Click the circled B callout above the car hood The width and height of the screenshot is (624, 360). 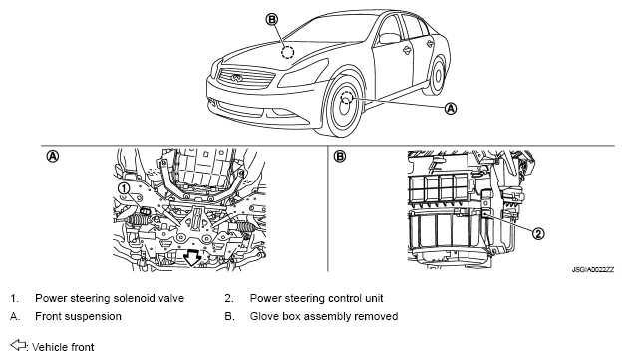pos(272,19)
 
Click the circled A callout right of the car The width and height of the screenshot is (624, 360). pos(451,108)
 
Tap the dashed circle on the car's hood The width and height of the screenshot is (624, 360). pos(287,52)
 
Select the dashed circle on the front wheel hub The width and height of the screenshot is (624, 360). pos(346,98)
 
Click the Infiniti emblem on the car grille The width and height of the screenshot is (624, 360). pos(236,78)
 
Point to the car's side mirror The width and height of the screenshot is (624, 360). pos(390,38)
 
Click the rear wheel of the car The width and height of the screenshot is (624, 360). pos(437,76)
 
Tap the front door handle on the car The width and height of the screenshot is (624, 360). pos(406,50)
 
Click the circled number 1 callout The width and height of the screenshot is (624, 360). pos(124,188)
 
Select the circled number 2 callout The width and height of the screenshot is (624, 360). pos(538,233)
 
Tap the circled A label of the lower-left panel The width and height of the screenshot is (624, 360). pos(52,156)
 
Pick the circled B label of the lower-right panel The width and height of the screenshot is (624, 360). pos(340,156)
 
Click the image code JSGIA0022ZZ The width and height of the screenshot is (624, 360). pos(593,270)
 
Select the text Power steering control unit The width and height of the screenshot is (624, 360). pos(316,298)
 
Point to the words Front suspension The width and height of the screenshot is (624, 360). pos(78,316)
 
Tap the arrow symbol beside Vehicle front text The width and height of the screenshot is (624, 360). pos(18,345)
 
